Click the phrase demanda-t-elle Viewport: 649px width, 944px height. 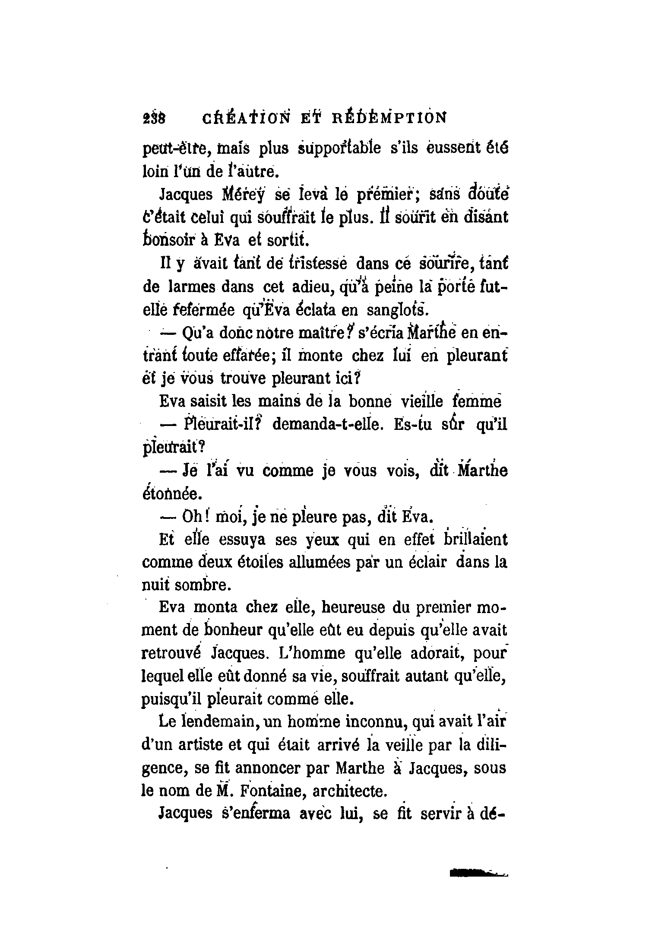(326, 425)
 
